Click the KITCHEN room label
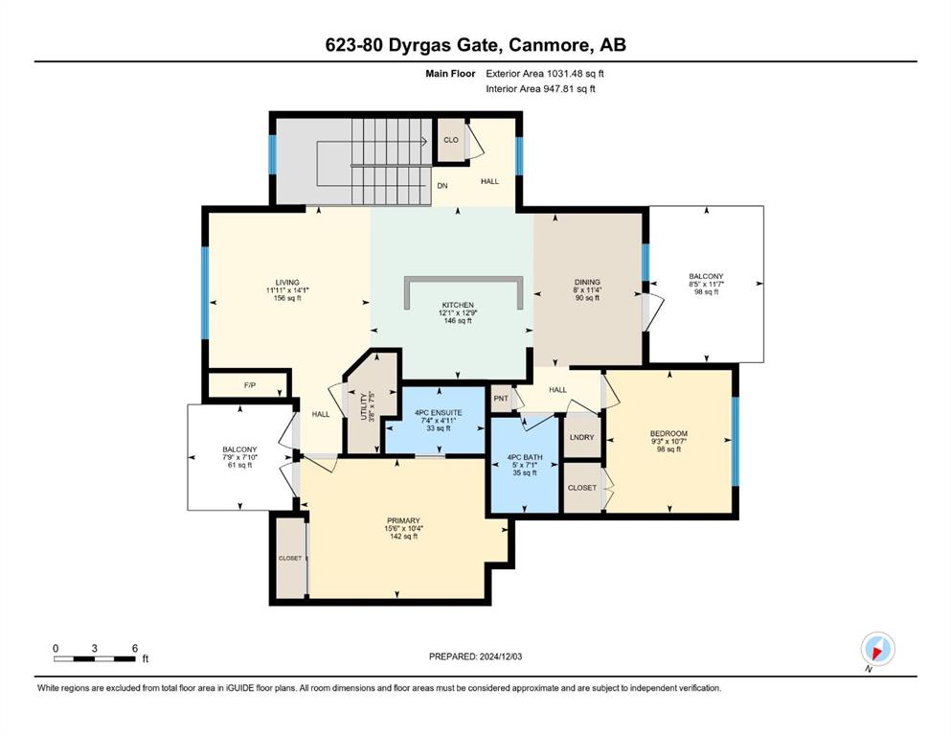coord(458,305)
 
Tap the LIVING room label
coord(287,282)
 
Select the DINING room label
coord(587,282)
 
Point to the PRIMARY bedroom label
coord(403,520)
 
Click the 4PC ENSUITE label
coord(439,413)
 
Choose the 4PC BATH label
coord(525,457)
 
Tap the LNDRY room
coord(582,437)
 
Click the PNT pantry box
coord(501,399)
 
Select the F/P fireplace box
coord(249,385)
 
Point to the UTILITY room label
coord(364,406)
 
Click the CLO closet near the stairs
coord(451,140)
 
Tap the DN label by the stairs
coord(442,186)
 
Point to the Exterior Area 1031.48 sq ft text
coord(545,74)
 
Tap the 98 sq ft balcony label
coord(706,292)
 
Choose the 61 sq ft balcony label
coord(239,466)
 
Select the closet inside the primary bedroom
coord(290,558)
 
